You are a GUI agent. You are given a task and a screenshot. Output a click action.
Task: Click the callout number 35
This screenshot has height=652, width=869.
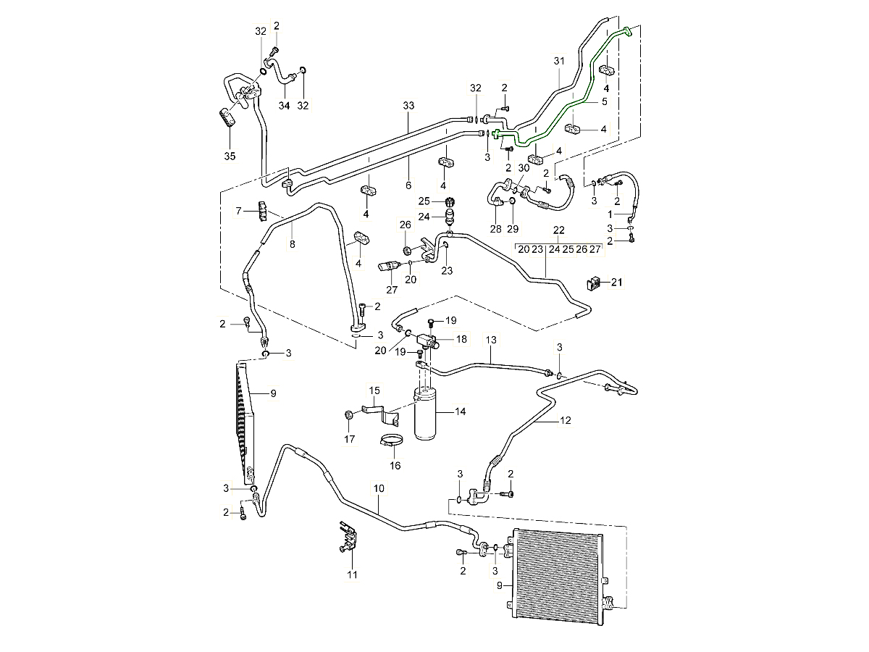pyautogui.click(x=230, y=156)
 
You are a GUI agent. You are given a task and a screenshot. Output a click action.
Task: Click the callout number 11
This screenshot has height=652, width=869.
pyautogui.click(x=353, y=575)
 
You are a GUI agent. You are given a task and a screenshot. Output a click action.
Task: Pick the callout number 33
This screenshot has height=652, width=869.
pyautogui.click(x=408, y=106)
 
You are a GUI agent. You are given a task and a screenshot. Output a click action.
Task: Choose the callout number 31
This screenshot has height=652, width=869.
pyautogui.click(x=558, y=61)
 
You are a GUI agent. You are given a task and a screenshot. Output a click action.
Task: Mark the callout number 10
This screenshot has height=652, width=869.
pyautogui.click(x=379, y=489)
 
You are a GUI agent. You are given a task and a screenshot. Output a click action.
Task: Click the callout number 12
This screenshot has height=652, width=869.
pyautogui.click(x=566, y=419)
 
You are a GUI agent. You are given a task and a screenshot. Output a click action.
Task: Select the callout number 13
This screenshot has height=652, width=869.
pyautogui.click(x=492, y=339)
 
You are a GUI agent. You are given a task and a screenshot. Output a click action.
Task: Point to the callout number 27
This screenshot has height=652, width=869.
pyautogui.click(x=392, y=291)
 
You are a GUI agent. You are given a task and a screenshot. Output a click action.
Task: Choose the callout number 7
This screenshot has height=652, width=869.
pyautogui.click(x=238, y=211)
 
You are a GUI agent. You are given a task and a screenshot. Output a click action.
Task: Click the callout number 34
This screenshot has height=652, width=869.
pyautogui.click(x=285, y=106)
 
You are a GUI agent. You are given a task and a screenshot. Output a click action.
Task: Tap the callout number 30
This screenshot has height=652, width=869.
pyautogui.click(x=523, y=168)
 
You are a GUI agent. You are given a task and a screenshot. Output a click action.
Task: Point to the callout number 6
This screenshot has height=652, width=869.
pyautogui.click(x=408, y=185)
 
